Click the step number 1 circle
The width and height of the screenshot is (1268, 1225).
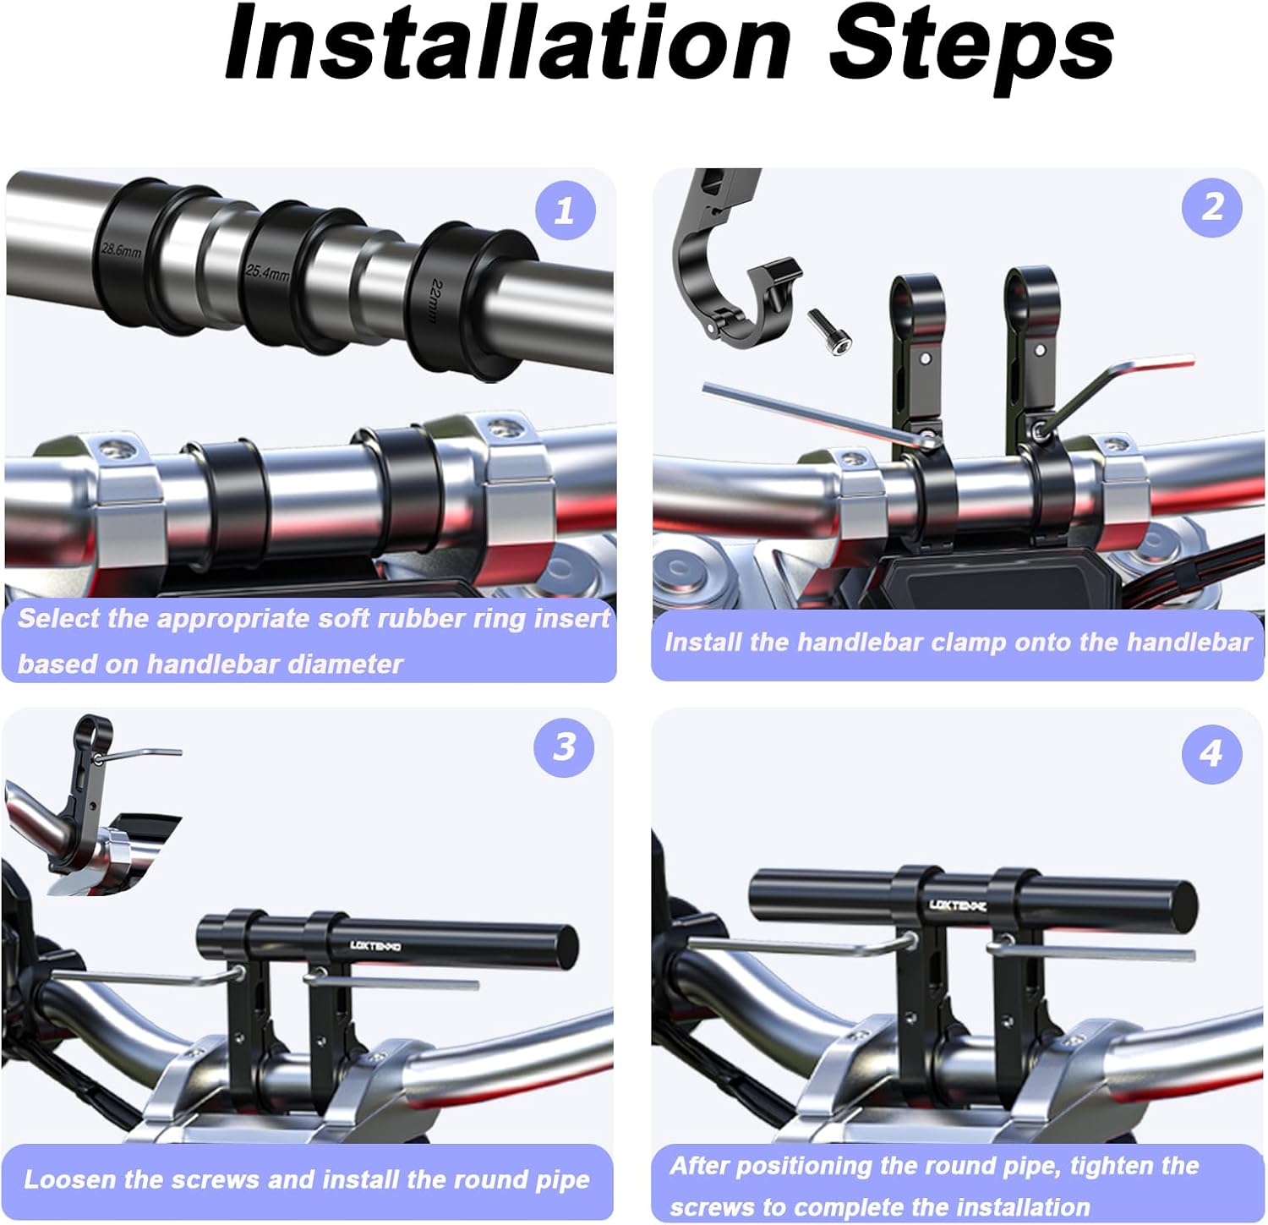point(565,210)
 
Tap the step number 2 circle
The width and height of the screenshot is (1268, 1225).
point(1212,207)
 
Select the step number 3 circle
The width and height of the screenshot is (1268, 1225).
point(565,747)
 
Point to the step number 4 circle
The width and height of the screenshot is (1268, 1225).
point(1212,752)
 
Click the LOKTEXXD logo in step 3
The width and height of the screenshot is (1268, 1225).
point(375,946)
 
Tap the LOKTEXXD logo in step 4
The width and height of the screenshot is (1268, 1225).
point(958,905)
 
